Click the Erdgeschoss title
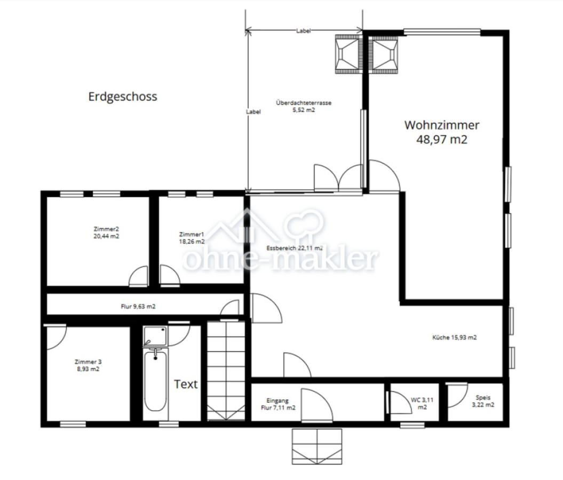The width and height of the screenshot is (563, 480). point(123,97)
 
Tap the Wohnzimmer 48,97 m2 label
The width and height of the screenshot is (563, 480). point(442,132)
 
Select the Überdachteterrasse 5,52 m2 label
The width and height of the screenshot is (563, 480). point(304,106)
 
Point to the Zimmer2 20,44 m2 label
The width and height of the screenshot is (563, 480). point(106,233)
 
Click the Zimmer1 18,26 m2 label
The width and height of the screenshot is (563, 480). point(192,238)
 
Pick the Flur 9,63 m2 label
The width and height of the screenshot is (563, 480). point(138,306)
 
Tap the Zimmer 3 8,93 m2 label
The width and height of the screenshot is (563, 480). point(88,365)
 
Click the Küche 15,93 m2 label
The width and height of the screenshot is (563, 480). point(455,337)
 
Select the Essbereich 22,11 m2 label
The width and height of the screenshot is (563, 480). point(295,248)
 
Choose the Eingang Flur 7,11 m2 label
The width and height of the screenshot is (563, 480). point(278,404)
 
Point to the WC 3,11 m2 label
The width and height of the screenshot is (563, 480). point(422,403)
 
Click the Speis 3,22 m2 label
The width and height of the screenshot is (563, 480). point(483,401)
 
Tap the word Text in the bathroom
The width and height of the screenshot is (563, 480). point(186,384)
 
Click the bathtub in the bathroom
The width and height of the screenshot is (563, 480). point(155,380)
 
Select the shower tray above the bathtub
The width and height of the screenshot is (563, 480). point(155,336)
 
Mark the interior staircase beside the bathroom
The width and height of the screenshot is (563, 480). point(226,371)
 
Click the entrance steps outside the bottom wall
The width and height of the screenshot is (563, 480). point(316,446)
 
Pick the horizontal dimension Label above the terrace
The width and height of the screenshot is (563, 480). point(304,31)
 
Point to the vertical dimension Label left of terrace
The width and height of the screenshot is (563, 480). point(253,112)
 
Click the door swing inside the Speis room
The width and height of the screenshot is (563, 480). point(457,395)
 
